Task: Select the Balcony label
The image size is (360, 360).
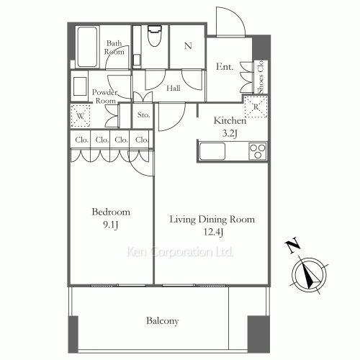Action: click(163, 321)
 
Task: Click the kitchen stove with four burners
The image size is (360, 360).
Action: click(257, 150)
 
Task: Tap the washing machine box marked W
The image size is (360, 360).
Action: click(79, 115)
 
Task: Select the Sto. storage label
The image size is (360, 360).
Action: click(143, 114)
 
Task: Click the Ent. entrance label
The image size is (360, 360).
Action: click(224, 67)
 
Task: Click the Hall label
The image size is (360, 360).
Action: click(173, 88)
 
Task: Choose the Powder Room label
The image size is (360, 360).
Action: click(105, 97)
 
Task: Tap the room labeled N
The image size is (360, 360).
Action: click(188, 46)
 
